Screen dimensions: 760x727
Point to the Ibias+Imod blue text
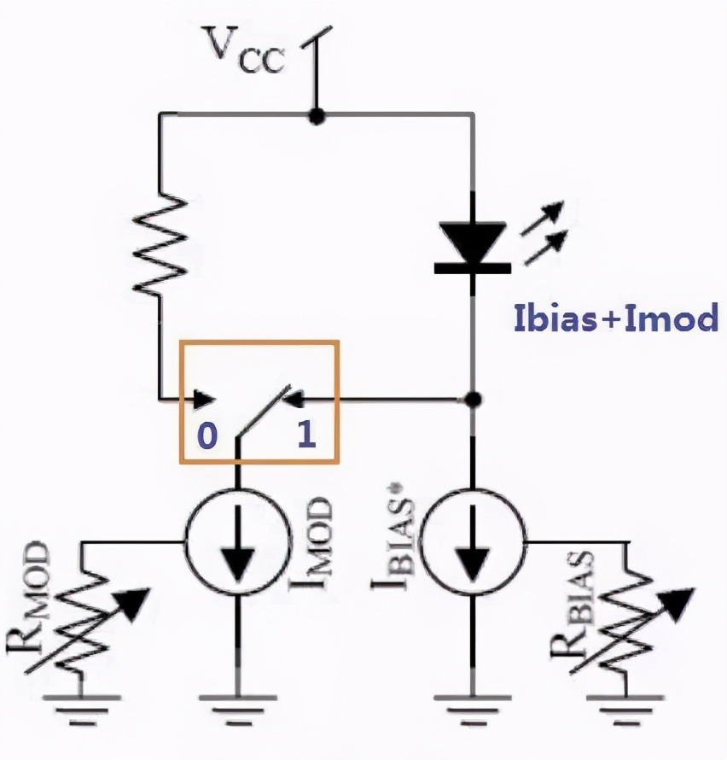click(615, 319)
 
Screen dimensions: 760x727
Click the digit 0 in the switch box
click(206, 436)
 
